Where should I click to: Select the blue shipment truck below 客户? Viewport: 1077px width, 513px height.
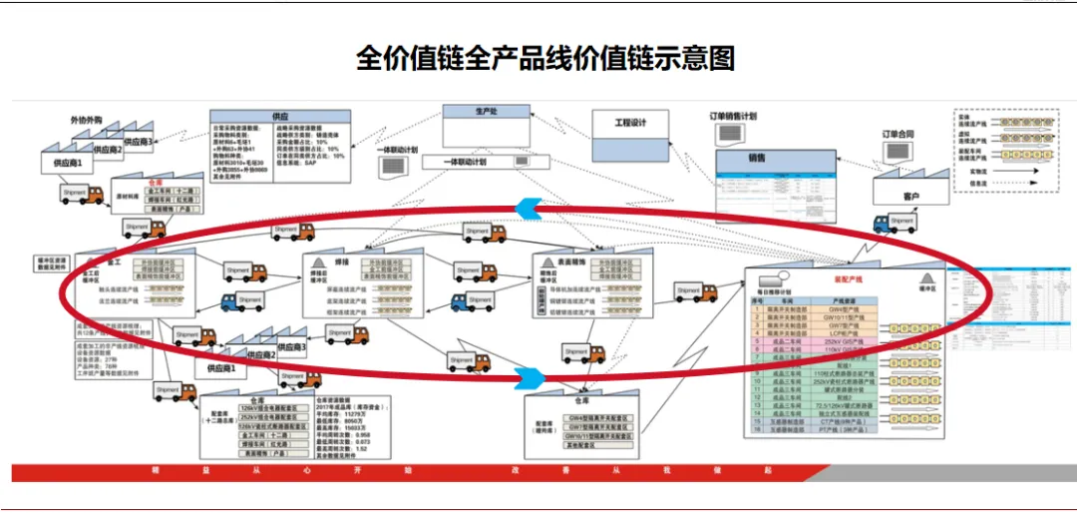coord(896,224)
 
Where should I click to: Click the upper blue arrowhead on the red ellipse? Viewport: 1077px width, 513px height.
coord(527,206)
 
